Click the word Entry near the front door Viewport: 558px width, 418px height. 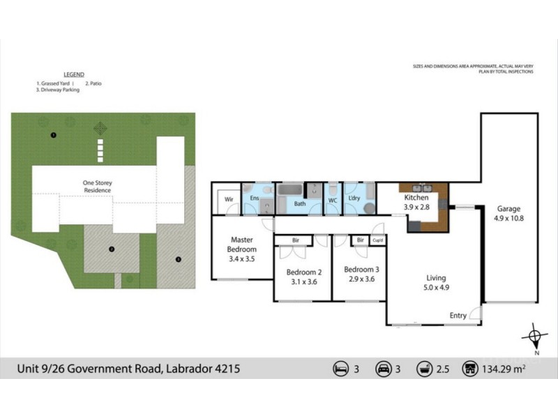[458, 316]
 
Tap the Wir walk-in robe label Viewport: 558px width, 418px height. [228, 199]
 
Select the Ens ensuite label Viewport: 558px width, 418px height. [255, 199]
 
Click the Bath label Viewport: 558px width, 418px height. [300, 204]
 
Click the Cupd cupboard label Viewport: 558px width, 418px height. [377, 240]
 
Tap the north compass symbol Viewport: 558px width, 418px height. [534, 339]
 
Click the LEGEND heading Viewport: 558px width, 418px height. [73, 75]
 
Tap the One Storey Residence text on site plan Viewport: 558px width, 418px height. [98, 187]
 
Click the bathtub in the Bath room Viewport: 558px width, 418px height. [289, 190]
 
